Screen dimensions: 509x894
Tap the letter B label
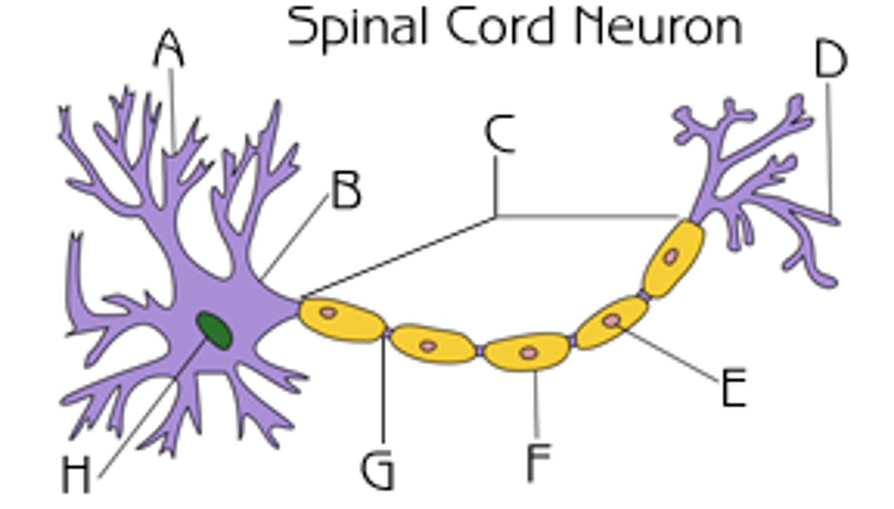click(346, 191)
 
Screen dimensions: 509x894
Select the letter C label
click(499, 133)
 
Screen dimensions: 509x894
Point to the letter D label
click(830, 60)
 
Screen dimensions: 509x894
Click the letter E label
click(733, 388)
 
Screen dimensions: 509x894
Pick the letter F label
click(538, 462)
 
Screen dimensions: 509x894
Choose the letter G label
click(377, 471)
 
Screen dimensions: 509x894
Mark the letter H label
click(76, 475)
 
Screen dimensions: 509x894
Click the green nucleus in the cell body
click(214, 330)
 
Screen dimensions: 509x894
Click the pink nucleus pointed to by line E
click(612, 320)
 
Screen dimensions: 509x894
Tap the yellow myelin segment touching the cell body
click(340, 319)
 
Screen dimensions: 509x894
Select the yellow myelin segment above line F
click(526, 351)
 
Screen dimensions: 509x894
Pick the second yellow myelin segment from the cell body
click(433, 345)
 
